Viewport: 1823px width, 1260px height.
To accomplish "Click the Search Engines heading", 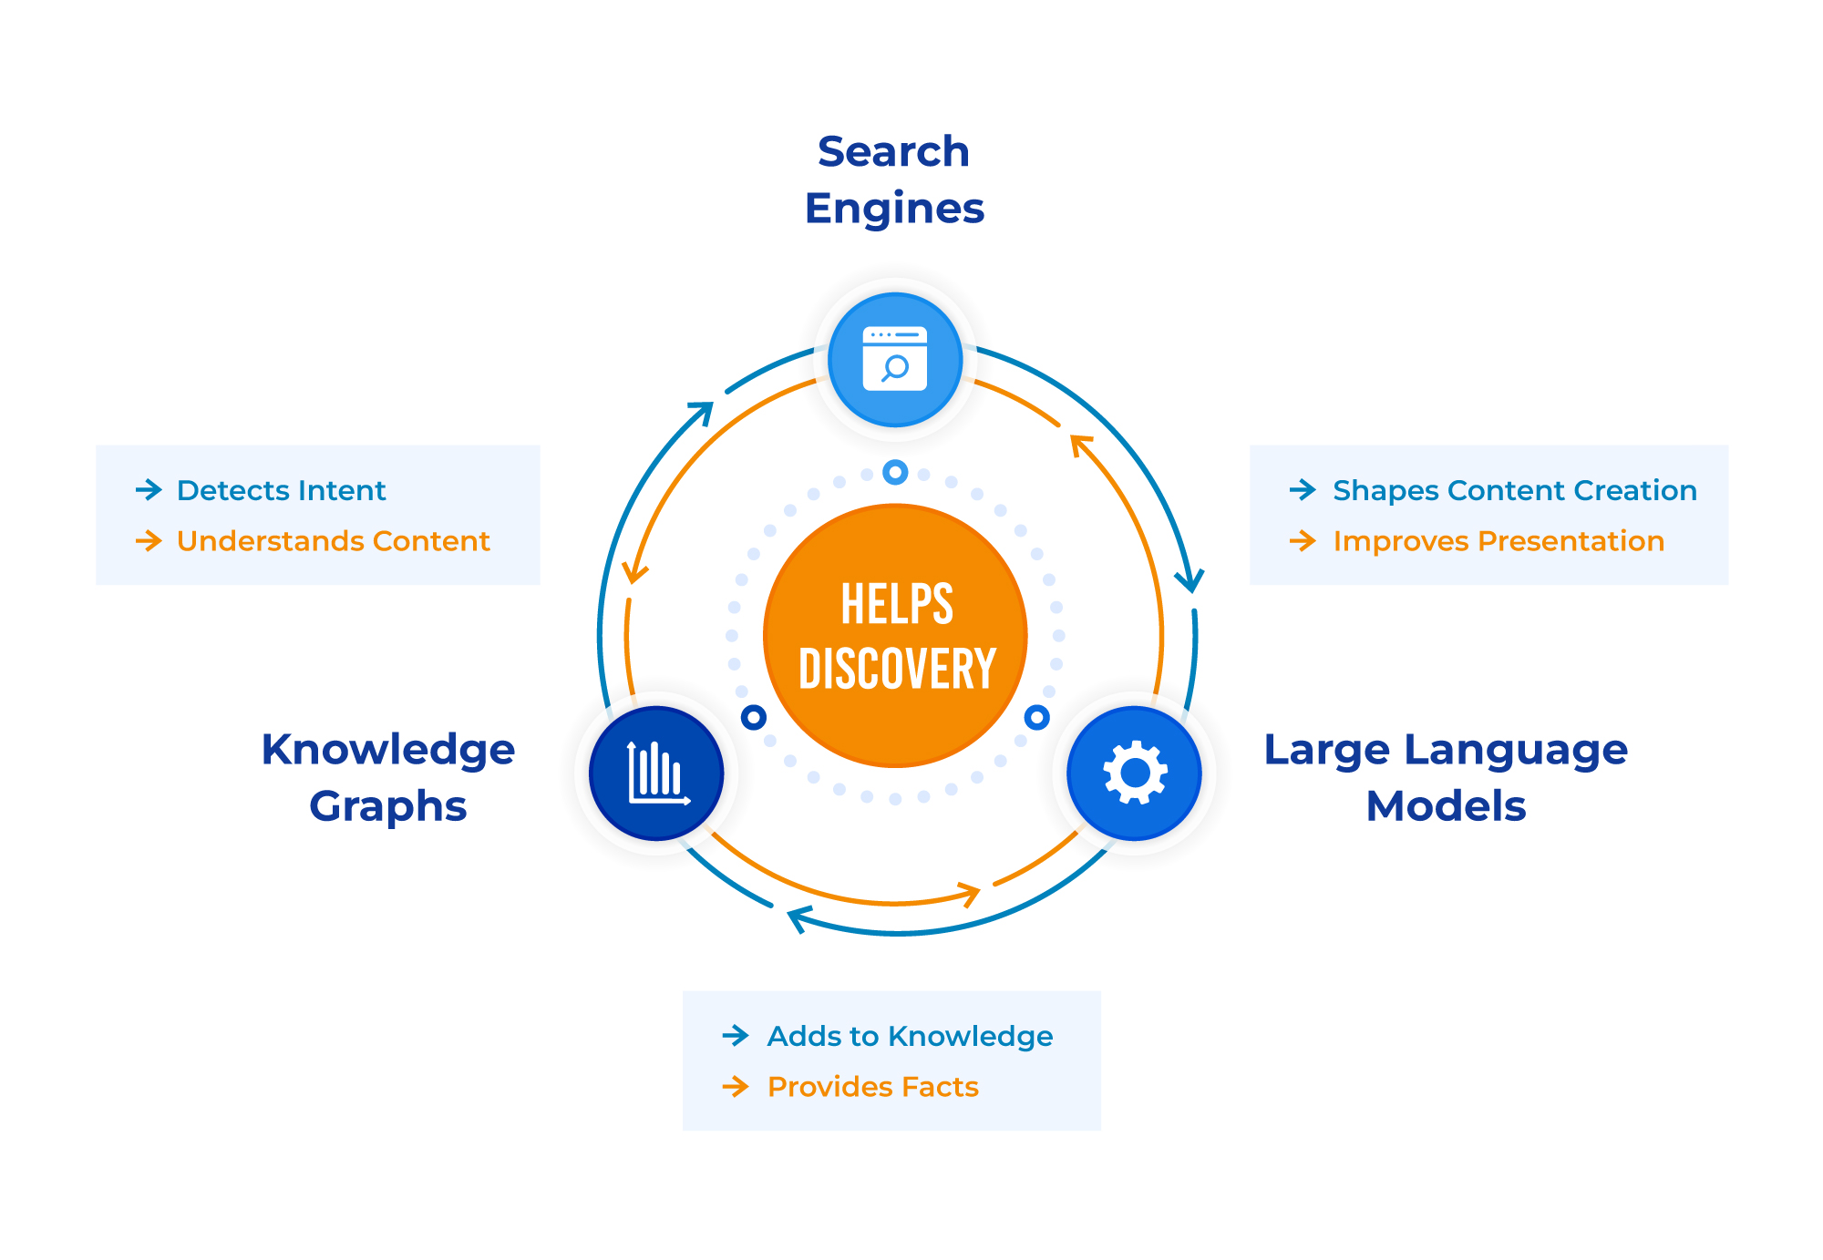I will pyautogui.click(x=893, y=179).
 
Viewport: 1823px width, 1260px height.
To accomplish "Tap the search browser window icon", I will pyautogui.click(x=895, y=359).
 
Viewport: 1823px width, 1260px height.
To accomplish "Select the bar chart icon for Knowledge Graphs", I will pyautogui.click(x=656, y=773).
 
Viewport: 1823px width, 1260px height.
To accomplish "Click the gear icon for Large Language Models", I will pyautogui.click(x=1134, y=773).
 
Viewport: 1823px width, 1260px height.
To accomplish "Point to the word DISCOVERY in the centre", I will pyautogui.click(x=897, y=670).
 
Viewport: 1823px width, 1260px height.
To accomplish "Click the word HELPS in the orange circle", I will pyautogui.click(x=897, y=605).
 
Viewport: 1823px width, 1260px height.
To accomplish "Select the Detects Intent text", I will pyautogui.click(x=281, y=491).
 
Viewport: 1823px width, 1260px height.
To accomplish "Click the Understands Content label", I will pyautogui.click(x=333, y=541).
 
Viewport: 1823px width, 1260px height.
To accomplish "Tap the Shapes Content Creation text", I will pyautogui.click(x=1514, y=491).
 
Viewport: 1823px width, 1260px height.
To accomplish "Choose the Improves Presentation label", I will pyautogui.click(x=1498, y=541).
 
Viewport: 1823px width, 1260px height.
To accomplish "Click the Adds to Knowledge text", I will pyautogui.click(x=910, y=1037).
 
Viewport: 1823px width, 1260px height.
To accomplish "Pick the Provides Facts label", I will pyautogui.click(x=872, y=1087).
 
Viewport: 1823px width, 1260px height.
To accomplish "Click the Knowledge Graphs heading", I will pyautogui.click(x=388, y=777).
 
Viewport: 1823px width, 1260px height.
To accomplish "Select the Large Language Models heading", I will pyautogui.click(x=1446, y=777).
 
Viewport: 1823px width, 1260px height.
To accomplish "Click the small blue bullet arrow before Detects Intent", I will pyautogui.click(x=149, y=490).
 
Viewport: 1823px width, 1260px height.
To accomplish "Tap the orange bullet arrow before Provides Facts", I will pyautogui.click(x=735, y=1086).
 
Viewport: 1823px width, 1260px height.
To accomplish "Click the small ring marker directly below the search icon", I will pyautogui.click(x=895, y=472).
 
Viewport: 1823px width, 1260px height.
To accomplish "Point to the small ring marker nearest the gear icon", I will pyautogui.click(x=1036, y=717).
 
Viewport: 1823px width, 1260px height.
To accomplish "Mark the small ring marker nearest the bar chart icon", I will pyautogui.click(x=754, y=717).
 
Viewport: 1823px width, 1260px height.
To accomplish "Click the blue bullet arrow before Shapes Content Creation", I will pyautogui.click(x=1303, y=490).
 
